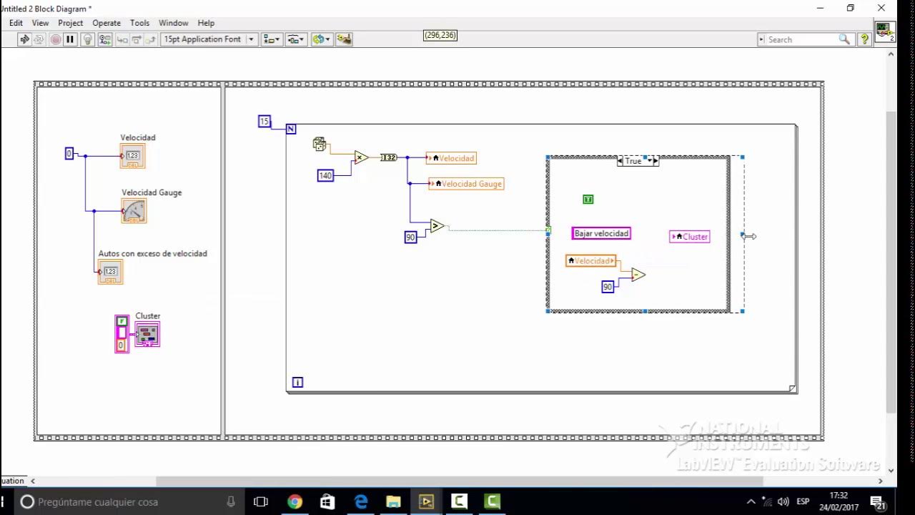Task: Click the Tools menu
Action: pyautogui.click(x=139, y=23)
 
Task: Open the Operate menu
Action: pyautogui.click(x=107, y=23)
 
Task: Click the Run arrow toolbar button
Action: pyautogui.click(x=24, y=39)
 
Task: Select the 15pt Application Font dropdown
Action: pyautogui.click(x=208, y=39)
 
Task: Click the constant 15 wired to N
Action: pyautogui.click(x=264, y=122)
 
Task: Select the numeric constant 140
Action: pyautogui.click(x=325, y=175)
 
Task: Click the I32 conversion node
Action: pyautogui.click(x=388, y=157)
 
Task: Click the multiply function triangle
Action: pyautogui.click(x=361, y=157)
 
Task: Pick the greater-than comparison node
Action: pyautogui.click(x=436, y=227)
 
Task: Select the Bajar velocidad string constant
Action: pyautogui.click(x=601, y=233)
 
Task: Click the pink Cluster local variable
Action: pyautogui.click(x=690, y=237)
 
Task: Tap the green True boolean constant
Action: pyautogui.click(x=588, y=200)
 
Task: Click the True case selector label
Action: pyautogui.click(x=634, y=162)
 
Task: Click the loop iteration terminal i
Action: pyautogui.click(x=297, y=383)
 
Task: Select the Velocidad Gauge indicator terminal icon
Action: pyautogui.click(x=134, y=211)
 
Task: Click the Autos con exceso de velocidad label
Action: pyautogui.click(x=152, y=254)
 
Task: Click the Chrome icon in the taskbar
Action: pyautogui.click(x=295, y=501)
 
